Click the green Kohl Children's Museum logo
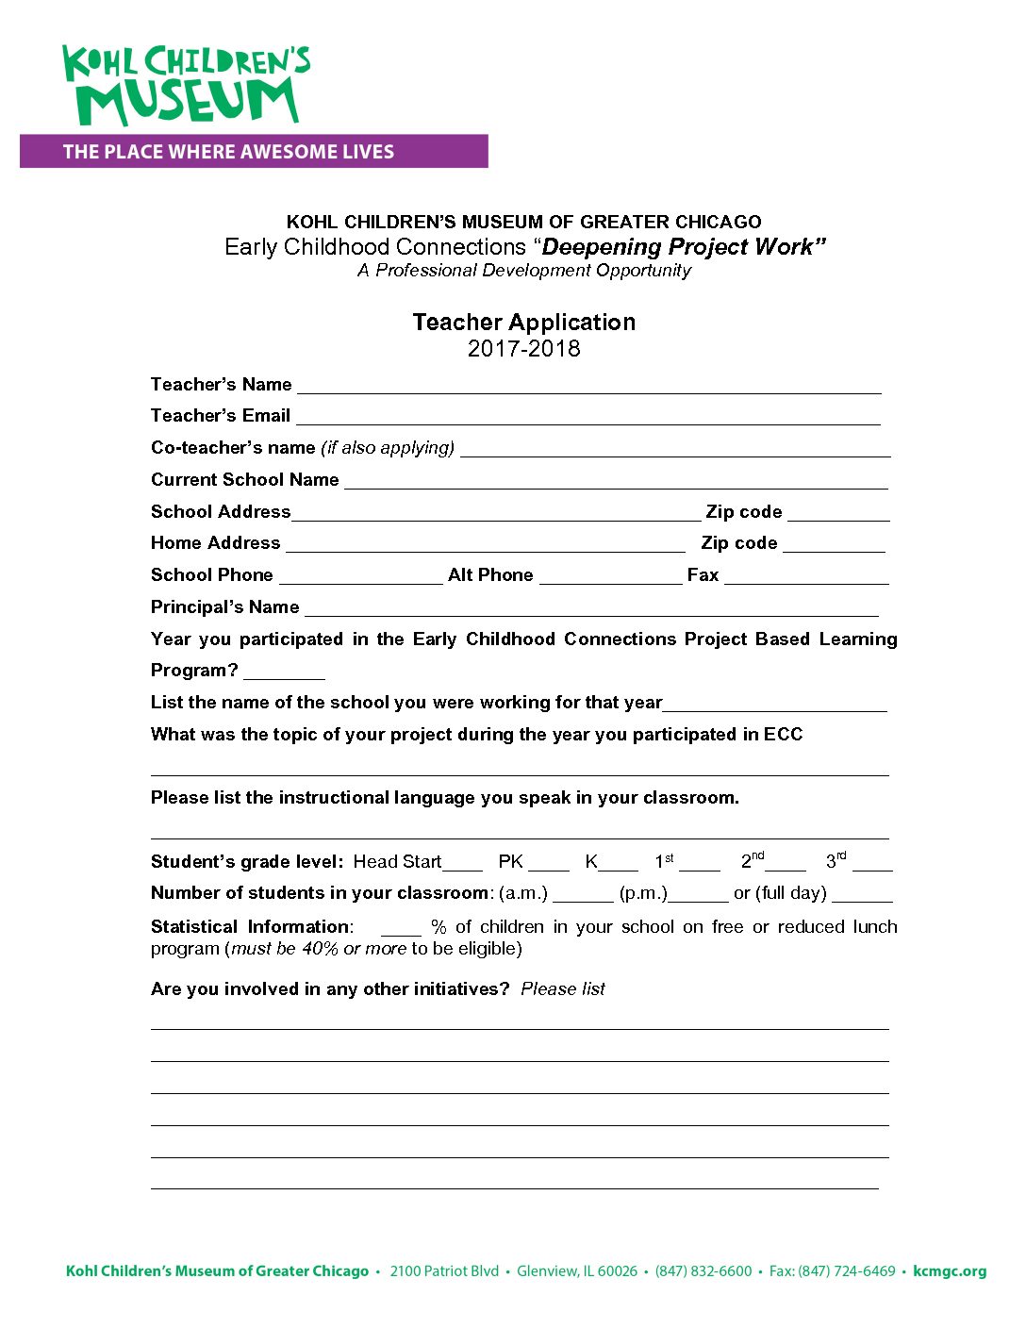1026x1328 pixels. tap(185, 85)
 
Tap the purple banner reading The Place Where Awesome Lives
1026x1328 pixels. tap(254, 152)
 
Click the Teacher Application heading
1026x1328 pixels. tap(523, 323)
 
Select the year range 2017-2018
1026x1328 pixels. tap(523, 349)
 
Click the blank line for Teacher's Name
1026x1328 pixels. tap(588, 387)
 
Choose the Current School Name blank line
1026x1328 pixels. tap(616, 482)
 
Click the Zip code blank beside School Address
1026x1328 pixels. tap(838, 514)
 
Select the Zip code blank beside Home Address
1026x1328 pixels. tap(834, 545)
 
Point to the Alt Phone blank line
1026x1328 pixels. tap(610, 577)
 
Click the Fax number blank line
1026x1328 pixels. tap(806, 577)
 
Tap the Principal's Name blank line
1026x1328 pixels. tap(591, 609)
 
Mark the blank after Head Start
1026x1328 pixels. tap(462, 864)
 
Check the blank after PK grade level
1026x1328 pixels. tap(549, 864)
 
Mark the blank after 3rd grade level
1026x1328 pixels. tap(872, 864)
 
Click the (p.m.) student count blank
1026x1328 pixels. tap(698, 895)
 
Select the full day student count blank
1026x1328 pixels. tap(862, 895)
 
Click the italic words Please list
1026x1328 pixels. tap(563, 989)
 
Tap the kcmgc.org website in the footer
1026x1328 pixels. tap(950, 1271)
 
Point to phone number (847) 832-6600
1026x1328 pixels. tap(703, 1271)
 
